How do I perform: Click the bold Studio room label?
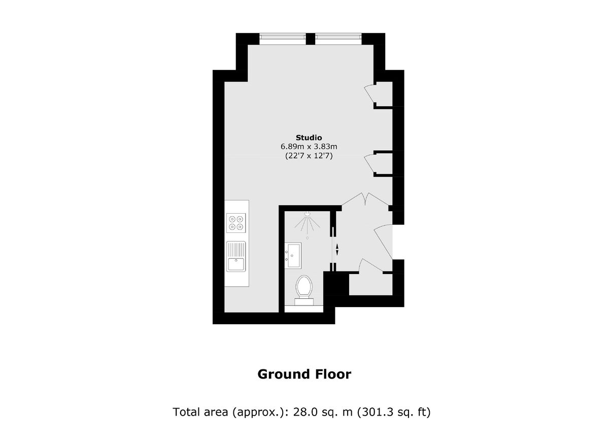pyautogui.click(x=309, y=137)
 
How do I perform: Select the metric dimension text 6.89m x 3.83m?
pyautogui.click(x=309, y=147)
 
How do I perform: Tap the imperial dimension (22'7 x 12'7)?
pyautogui.click(x=309, y=156)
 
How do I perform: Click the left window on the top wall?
pyautogui.click(x=283, y=37)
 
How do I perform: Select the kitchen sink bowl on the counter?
pyautogui.click(x=236, y=264)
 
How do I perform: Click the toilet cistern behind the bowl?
pyautogui.click(x=304, y=301)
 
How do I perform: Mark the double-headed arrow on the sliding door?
pyautogui.click(x=336, y=250)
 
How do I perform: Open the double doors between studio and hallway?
pyautogui.click(x=365, y=199)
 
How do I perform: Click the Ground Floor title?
pyautogui.click(x=304, y=375)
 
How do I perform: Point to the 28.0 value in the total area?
pyautogui.click(x=310, y=412)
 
